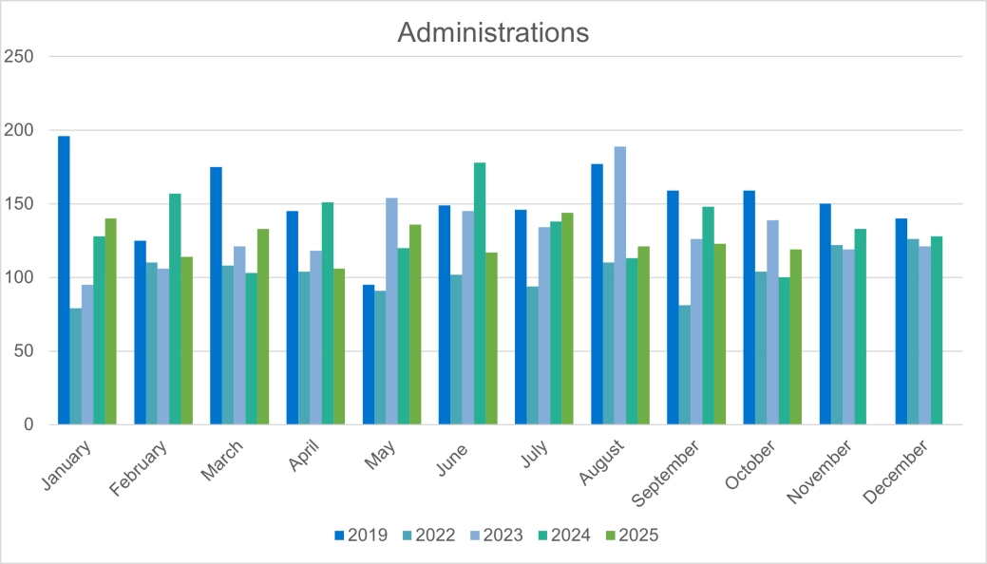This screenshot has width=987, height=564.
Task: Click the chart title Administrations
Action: coord(493,32)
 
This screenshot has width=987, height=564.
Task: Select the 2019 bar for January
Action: coord(64,280)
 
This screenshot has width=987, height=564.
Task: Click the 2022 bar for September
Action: coord(684,365)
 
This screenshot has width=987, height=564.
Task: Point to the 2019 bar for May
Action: coord(368,354)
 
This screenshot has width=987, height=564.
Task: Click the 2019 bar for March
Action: coord(216,295)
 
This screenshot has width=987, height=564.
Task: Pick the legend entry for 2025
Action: coord(631,536)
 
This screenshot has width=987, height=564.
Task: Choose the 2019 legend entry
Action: coord(361,536)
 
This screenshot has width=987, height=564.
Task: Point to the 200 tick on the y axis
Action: coord(19,130)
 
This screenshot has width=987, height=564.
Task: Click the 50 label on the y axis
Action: coord(23,351)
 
